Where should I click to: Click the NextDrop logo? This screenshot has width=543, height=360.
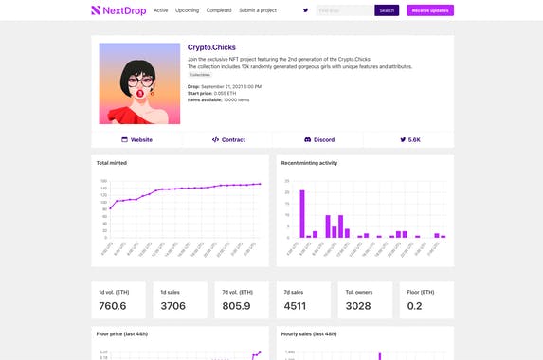point(118,10)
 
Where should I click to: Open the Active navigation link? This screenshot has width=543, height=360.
point(160,10)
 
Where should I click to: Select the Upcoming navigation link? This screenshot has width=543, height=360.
point(187,10)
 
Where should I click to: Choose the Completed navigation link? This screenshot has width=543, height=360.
point(219,10)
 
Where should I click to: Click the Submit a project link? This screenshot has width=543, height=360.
point(258,10)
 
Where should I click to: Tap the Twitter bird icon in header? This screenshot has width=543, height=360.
point(305,10)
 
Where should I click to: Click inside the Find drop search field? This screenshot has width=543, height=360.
point(344,10)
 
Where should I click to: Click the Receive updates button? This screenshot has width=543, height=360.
point(429,10)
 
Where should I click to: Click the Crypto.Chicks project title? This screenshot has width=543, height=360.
point(211,47)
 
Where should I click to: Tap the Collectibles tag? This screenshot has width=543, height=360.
point(200,74)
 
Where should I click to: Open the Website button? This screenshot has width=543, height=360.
point(136,139)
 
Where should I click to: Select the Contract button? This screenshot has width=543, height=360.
point(227,139)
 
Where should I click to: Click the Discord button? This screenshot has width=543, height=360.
point(318,139)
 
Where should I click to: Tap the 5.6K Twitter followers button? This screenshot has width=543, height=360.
point(409,139)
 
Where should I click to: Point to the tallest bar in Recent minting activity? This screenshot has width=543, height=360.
point(302,213)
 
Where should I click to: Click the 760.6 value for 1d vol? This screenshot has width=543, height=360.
point(112,306)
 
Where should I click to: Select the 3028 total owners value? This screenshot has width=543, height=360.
point(359,306)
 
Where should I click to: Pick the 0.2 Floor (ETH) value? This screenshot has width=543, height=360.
point(414,306)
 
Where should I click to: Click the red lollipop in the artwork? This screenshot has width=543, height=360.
point(140,94)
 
